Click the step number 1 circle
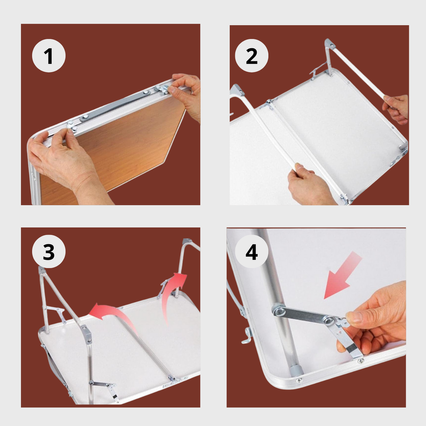pyautogui.click(x=49, y=56)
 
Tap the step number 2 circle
pyautogui.click(x=252, y=56)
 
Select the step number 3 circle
pyautogui.click(x=49, y=252)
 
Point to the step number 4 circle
pyautogui.click(x=252, y=252)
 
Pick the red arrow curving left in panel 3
pyautogui.click(x=114, y=315)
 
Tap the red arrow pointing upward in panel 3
pyautogui.click(x=173, y=295)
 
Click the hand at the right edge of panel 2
pyautogui.click(x=396, y=109)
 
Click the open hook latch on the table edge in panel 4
pyautogui.click(x=247, y=336)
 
